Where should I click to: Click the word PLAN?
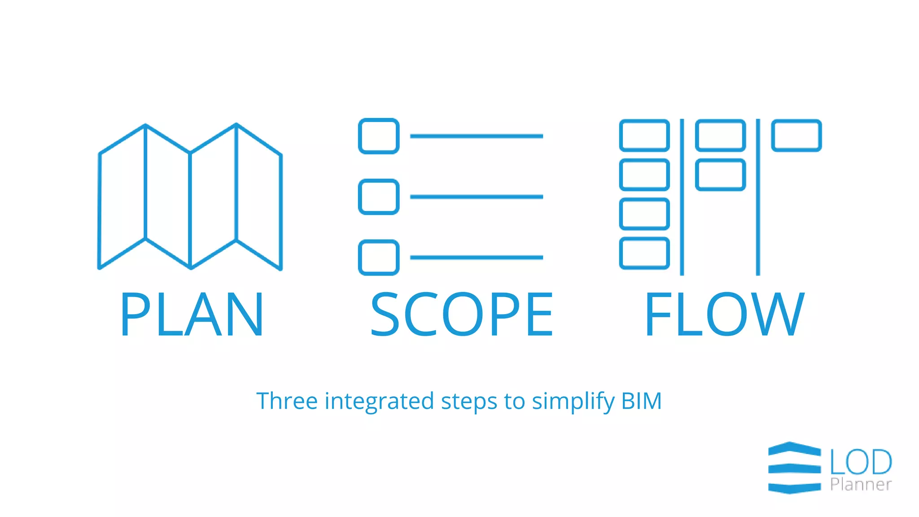192,314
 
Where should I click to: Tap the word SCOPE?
462,314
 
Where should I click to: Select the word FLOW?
724,314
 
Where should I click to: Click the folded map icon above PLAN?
190,197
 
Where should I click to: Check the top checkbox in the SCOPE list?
379,136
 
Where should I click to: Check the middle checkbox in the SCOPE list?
379,197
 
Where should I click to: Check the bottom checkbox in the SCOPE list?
379,257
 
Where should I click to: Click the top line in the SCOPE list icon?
477,136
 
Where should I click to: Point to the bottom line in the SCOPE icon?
477,257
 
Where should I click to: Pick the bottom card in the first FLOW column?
644,254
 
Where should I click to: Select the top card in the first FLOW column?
644,136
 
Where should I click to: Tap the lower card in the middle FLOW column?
720,175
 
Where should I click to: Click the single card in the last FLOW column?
796,136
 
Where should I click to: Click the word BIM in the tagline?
641,401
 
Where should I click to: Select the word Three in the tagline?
287,401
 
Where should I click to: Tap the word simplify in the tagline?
573,401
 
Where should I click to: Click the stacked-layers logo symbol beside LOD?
794,468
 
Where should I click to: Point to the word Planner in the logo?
861,485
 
